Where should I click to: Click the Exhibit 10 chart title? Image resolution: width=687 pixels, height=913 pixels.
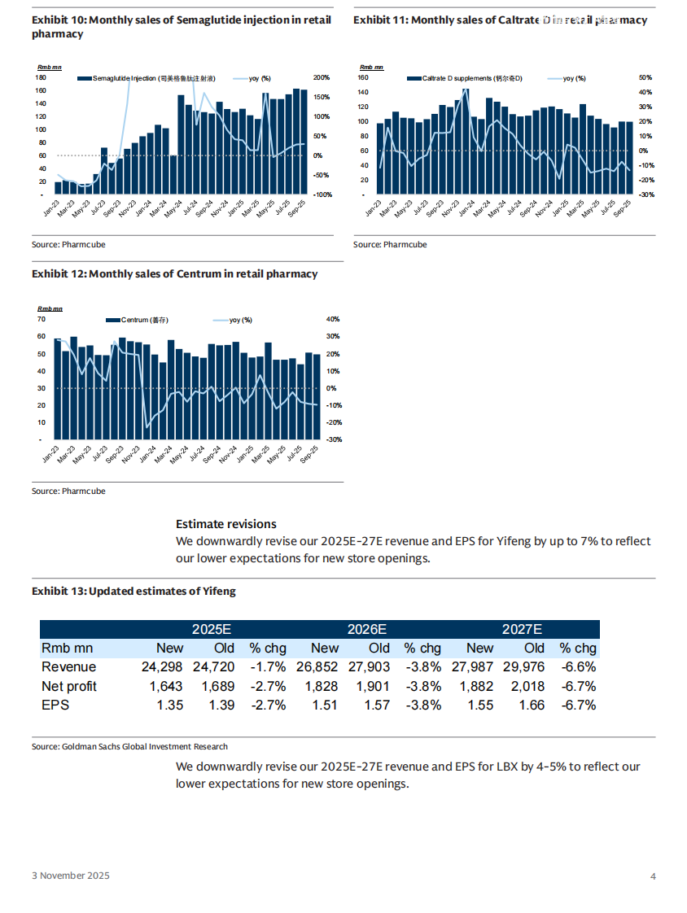click(182, 27)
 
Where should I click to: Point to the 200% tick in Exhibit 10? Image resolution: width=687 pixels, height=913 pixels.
click(322, 77)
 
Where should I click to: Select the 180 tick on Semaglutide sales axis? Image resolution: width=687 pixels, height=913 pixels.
click(40, 77)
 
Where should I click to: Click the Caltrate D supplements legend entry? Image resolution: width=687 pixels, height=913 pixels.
click(467, 78)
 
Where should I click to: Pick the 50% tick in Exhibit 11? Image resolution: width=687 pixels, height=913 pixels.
click(645, 77)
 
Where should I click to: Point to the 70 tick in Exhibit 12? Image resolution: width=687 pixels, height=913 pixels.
click(41, 319)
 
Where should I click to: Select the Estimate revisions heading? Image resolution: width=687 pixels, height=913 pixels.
click(226, 524)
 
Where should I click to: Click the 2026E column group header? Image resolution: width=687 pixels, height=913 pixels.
click(366, 629)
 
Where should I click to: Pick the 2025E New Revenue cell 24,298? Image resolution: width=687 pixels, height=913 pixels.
click(163, 667)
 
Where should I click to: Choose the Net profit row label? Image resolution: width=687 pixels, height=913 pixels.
click(69, 686)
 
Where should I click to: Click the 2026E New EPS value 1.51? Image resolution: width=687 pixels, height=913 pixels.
click(325, 705)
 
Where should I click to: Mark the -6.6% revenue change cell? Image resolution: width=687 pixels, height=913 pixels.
click(578, 667)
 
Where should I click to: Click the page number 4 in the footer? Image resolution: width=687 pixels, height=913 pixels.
click(653, 876)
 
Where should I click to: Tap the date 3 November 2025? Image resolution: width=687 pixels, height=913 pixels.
click(71, 876)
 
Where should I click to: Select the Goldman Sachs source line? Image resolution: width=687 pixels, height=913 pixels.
click(130, 746)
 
